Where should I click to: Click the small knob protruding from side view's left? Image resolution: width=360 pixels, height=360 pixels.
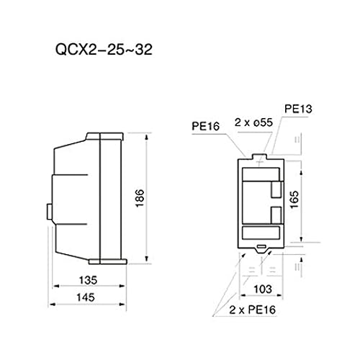(x=48, y=211)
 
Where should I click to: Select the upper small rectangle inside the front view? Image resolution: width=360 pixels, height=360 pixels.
(x=275, y=188)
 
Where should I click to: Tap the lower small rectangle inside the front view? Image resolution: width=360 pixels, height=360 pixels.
(x=275, y=215)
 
